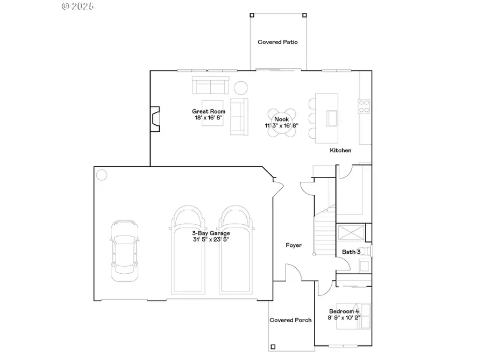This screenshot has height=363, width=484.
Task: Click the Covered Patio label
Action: pos(277,42)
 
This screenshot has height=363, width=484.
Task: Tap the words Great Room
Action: pos(205,111)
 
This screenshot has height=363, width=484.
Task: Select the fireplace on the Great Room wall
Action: pos(155,119)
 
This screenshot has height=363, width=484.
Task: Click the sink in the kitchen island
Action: pos(332,117)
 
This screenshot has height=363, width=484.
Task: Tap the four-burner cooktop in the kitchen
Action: pos(364,106)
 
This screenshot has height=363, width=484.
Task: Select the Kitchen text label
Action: pos(340,151)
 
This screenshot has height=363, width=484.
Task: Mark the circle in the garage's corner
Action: pos(102,174)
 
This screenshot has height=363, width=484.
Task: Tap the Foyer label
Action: pos(294,245)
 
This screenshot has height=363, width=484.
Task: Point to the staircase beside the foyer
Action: pos(325,231)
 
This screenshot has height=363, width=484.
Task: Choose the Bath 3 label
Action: pos(351,252)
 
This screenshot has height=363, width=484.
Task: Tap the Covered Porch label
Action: pos(290,320)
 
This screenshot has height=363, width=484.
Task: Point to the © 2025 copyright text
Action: pos(78,6)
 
